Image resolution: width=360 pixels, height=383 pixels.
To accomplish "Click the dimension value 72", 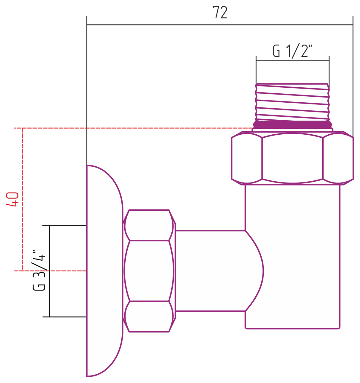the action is pyautogui.click(x=220, y=12).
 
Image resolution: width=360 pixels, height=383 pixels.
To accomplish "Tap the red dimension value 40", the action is pyautogui.click(x=12, y=199).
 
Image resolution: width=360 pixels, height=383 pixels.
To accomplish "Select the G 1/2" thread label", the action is pyautogui.click(x=292, y=51).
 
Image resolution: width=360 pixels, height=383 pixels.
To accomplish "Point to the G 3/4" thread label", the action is pyautogui.click(x=39, y=270).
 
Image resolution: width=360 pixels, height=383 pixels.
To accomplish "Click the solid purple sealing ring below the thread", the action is pyautogui.click(x=292, y=124).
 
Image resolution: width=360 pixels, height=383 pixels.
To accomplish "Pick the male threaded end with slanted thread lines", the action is pyautogui.click(x=292, y=102).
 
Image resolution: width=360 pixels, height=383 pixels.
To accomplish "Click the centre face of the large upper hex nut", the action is pyautogui.click(x=292, y=158).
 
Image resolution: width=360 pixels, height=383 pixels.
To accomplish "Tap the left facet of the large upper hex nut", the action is pyautogui.click(x=247, y=158).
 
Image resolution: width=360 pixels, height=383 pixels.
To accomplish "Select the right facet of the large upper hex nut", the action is pyautogui.click(x=338, y=158).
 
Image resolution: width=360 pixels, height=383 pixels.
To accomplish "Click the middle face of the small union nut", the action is pyautogui.click(x=149, y=271).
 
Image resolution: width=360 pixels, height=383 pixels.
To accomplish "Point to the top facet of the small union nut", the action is pyautogui.click(x=149, y=225).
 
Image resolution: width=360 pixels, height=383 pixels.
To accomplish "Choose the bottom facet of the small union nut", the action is pyautogui.click(x=149, y=317).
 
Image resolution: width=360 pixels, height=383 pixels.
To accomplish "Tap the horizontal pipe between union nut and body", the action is pyautogui.click(x=210, y=271).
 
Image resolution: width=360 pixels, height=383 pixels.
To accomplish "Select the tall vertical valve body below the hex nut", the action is pyautogui.click(x=292, y=256).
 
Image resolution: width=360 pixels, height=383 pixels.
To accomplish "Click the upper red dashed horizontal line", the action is pyautogui.click(x=133, y=128).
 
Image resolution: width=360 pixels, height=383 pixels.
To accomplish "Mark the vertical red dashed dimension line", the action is pyautogui.click(x=23, y=199).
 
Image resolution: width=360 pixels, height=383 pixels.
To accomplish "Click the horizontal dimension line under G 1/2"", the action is pyautogui.click(x=292, y=61).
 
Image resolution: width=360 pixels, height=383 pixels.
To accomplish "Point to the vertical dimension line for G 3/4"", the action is pyautogui.click(x=49, y=271).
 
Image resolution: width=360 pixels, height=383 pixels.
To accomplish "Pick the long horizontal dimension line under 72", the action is pyautogui.click(x=220, y=25).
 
